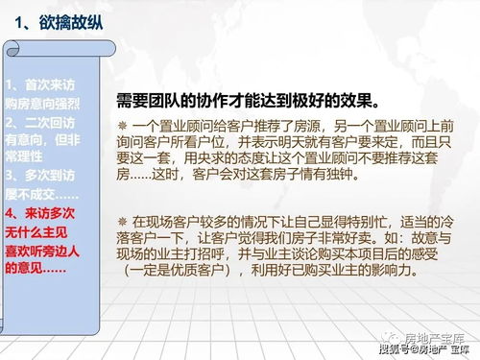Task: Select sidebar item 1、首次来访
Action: [38, 84]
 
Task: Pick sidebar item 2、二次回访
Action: [38, 122]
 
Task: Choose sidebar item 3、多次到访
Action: [38, 177]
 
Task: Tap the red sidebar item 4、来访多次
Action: [38, 213]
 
